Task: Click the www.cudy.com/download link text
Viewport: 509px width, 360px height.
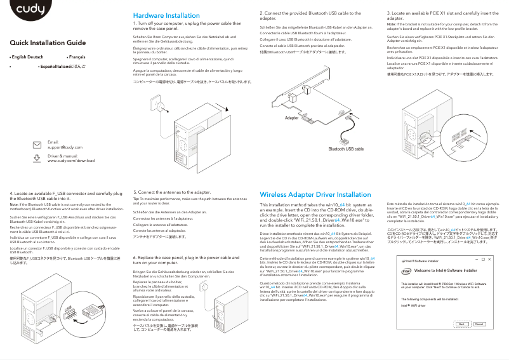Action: [71, 161]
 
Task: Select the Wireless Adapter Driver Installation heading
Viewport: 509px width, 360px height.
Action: [315, 194]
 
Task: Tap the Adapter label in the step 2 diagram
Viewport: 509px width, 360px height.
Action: [293, 119]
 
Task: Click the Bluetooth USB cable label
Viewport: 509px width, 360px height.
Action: [345, 149]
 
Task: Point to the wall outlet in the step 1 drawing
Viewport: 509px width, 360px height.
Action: [154, 100]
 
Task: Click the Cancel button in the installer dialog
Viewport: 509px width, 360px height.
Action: [479, 324]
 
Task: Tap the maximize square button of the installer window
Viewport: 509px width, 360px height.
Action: [482, 260]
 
